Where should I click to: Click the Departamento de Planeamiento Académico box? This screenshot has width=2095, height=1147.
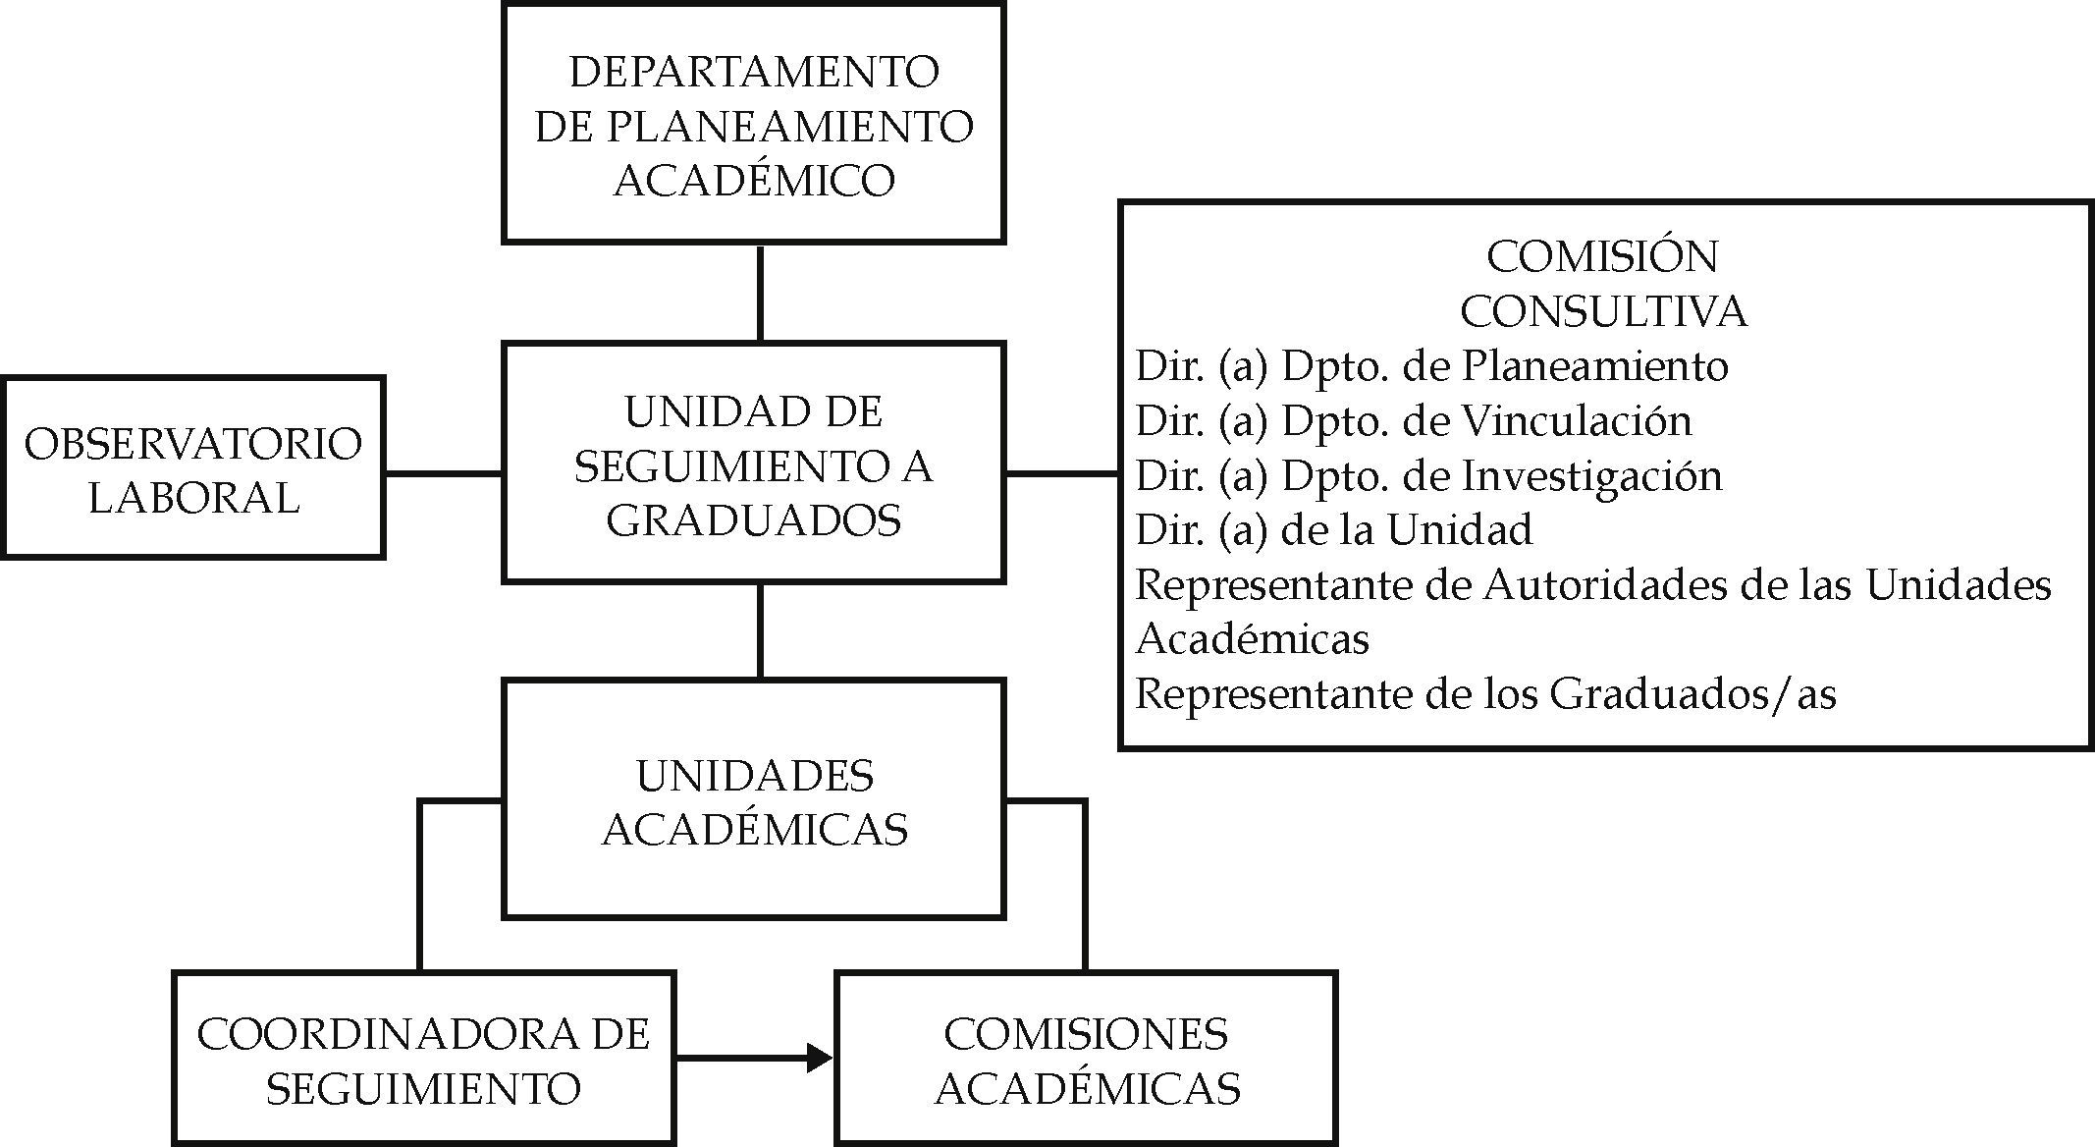click(753, 125)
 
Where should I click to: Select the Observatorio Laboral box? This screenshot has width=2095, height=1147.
click(192, 468)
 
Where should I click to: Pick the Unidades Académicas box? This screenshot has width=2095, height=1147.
click(753, 800)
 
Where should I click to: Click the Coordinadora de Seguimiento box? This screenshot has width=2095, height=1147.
click(423, 1059)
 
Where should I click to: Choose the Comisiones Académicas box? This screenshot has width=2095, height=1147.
click(1086, 1059)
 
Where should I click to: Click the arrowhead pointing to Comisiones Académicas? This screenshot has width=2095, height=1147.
click(820, 1058)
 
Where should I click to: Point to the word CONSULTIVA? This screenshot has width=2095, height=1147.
click(1603, 311)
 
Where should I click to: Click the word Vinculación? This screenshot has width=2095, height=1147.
click(1577, 420)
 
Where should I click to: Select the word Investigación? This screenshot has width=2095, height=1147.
click(1592, 475)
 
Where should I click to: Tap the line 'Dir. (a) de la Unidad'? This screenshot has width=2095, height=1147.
click(1333, 530)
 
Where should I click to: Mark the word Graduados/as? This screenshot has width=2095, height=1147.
click(1692, 694)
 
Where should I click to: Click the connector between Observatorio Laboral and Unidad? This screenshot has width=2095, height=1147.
click(444, 473)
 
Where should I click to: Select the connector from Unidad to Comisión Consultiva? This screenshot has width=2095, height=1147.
click(1062, 473)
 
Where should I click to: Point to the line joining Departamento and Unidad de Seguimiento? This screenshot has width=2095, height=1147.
click(760, 293)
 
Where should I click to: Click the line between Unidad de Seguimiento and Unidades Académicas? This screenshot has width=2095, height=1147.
click(760, 630)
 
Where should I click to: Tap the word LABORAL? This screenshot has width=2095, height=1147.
click(193, 497)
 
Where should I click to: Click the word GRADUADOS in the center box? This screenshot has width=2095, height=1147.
click(753, 519)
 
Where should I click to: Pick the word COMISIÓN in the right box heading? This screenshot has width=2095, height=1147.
click(1602, 257)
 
